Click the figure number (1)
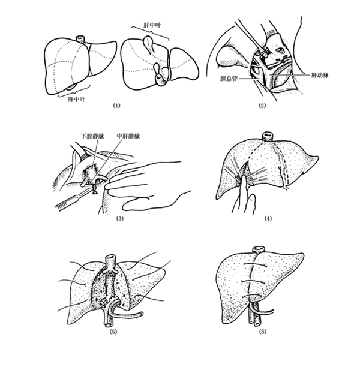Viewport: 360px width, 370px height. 116,106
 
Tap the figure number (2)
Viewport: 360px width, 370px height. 262,106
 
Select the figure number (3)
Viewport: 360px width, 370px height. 119,218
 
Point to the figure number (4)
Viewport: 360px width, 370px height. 268,218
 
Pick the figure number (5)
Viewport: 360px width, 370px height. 113,332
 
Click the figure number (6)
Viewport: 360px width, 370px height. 263,332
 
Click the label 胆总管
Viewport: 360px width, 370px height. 229,79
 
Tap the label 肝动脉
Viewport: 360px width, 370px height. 320,76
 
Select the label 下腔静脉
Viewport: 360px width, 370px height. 92,136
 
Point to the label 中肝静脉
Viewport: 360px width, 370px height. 128,136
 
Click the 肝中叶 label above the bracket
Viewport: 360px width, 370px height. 152,25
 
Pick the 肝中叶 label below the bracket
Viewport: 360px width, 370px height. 76,100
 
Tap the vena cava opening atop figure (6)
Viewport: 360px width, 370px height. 259,249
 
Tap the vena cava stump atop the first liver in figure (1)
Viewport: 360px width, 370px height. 80,39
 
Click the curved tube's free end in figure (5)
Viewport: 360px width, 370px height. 141,314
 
